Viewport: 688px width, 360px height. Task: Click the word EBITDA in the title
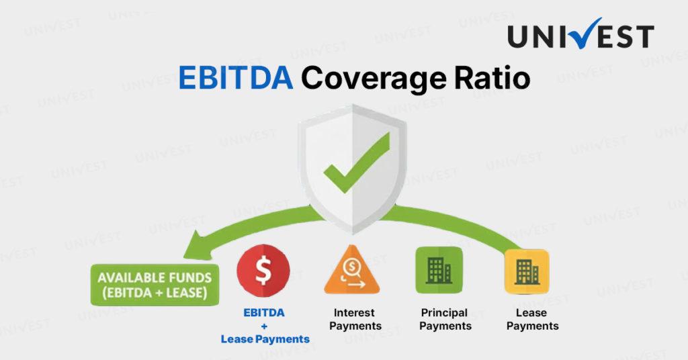(x=236, y=78)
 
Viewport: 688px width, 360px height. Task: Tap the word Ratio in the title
(x=492, y=78)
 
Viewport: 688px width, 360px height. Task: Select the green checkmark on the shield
(x=356, y=163)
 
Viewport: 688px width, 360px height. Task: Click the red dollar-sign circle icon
(x=263, y=271)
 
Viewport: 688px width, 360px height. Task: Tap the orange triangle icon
(x=352, y=271)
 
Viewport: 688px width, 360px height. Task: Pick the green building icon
(x=439, y=270)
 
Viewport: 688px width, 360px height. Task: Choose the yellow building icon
(x=527, y=271)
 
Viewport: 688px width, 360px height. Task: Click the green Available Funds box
(x=155, y=285)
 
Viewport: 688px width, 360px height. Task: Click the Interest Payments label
(x=355, y=319)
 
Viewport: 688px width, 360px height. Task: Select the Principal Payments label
(x=445, y=319)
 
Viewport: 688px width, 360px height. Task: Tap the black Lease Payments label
(x=532, y=319)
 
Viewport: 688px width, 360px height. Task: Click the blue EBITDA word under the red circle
(x=263, y=312)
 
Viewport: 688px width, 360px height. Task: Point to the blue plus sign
(x=264, y=326)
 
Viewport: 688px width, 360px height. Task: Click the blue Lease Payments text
(x=265, y=339)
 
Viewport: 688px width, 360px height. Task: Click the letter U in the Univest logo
(x=519, y=36)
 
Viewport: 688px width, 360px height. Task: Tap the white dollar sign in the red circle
(x=263, y=271)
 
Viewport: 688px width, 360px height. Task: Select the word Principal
(x=444, y=313)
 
